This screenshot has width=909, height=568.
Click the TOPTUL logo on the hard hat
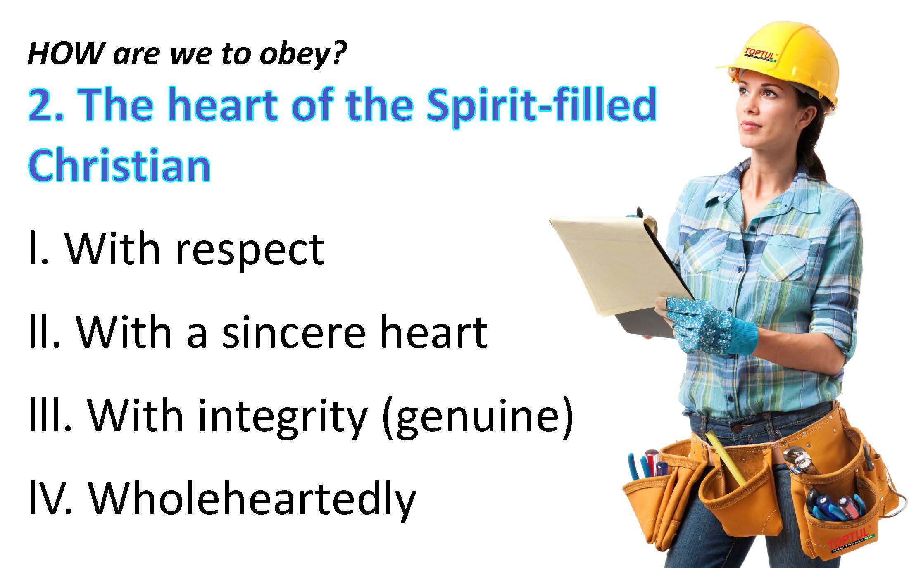[761, 57]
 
